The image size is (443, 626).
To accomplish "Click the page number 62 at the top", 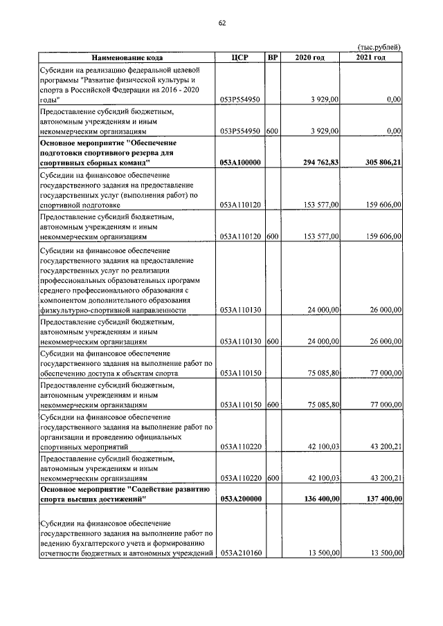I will point(221,24).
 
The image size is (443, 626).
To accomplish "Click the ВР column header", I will point(272,57).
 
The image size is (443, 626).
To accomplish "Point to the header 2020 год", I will point(309,57).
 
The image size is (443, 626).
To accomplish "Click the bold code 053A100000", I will point(239,163).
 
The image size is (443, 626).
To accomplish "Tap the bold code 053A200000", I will point(239,499).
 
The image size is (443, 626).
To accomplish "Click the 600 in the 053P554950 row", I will point(272,130).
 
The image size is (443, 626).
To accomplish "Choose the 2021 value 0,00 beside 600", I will point(394,130).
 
